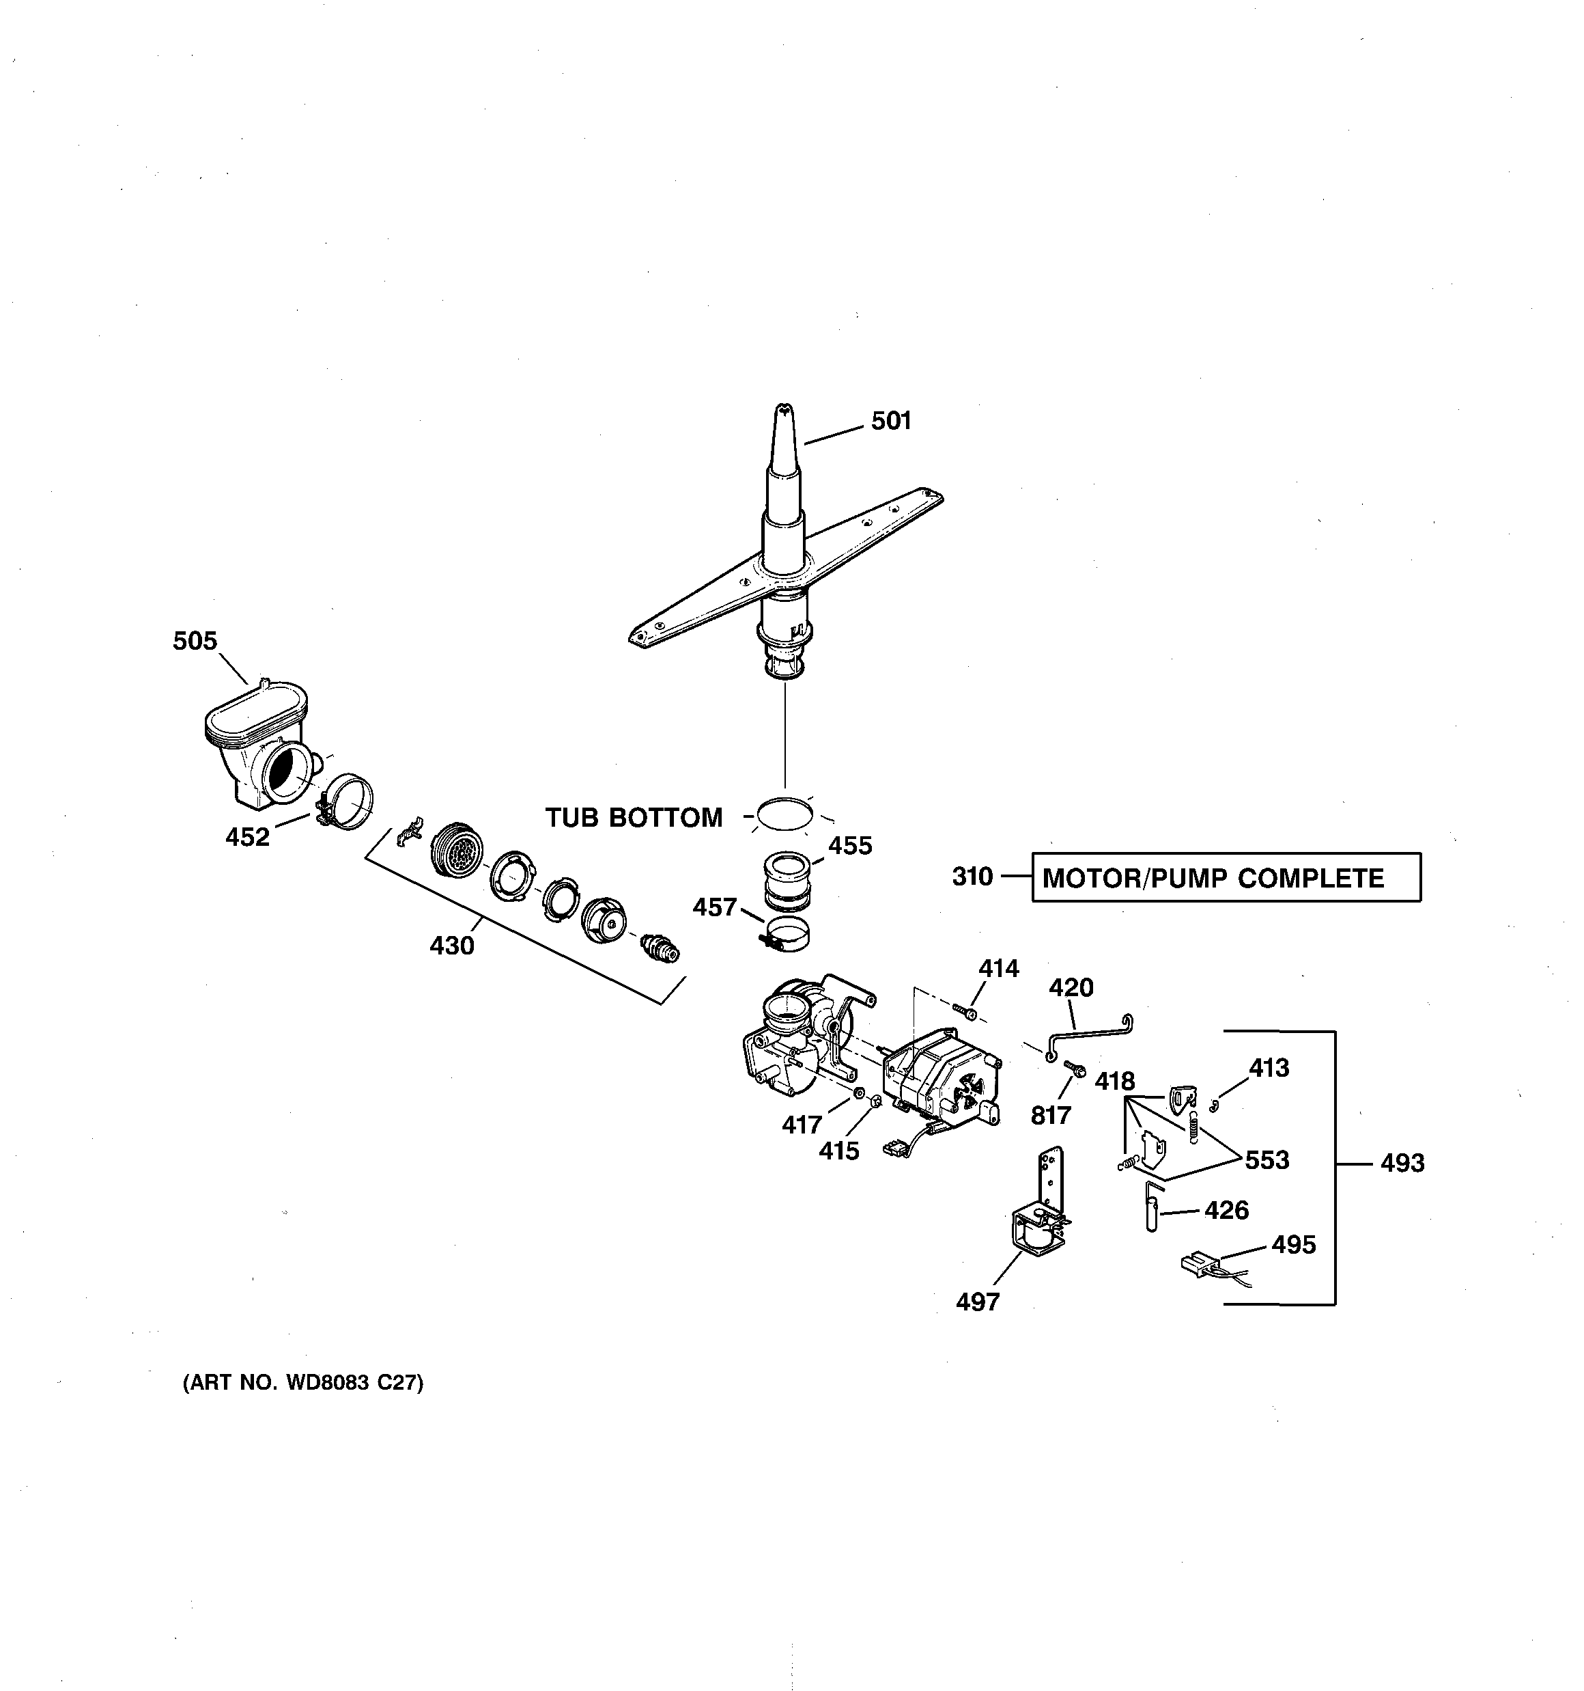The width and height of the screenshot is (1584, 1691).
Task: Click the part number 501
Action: point(891,421)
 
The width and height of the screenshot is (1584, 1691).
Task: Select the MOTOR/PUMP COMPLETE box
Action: point(1225,878)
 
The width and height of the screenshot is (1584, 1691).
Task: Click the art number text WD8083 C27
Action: point(302,1383)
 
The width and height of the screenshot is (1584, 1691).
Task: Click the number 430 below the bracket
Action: point(451,945)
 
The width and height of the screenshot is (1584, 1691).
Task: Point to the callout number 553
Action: point(1267,1160)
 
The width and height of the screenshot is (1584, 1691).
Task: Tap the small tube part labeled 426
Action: point(1151,1212)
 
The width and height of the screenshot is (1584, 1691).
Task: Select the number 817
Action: point(1051,1115)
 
